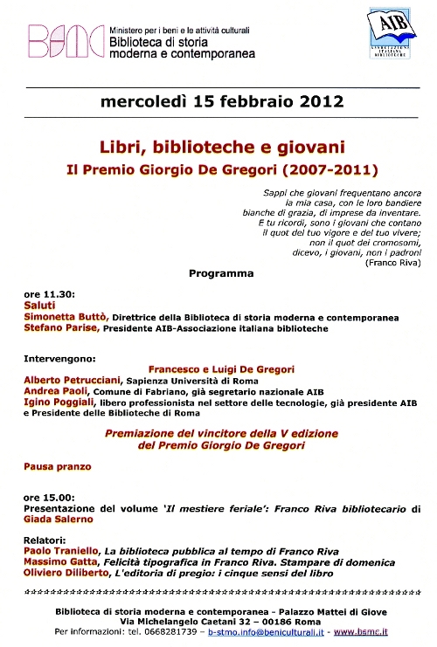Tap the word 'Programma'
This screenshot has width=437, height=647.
[221, 273]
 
